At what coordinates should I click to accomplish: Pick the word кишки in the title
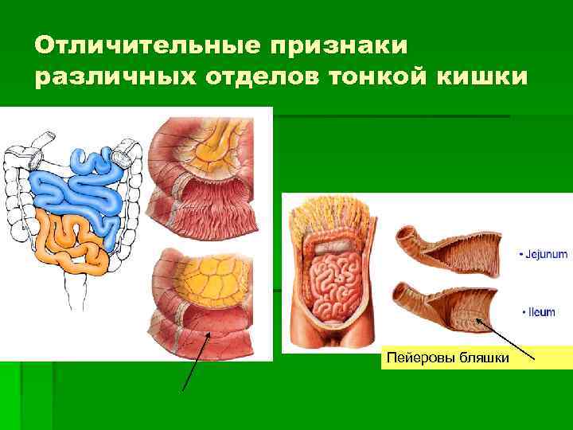489,79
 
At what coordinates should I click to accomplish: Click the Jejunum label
544,255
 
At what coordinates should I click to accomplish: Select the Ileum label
540,313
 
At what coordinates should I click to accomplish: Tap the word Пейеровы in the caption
418,358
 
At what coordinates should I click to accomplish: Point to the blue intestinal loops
76,187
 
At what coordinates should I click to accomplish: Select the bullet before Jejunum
520,255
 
